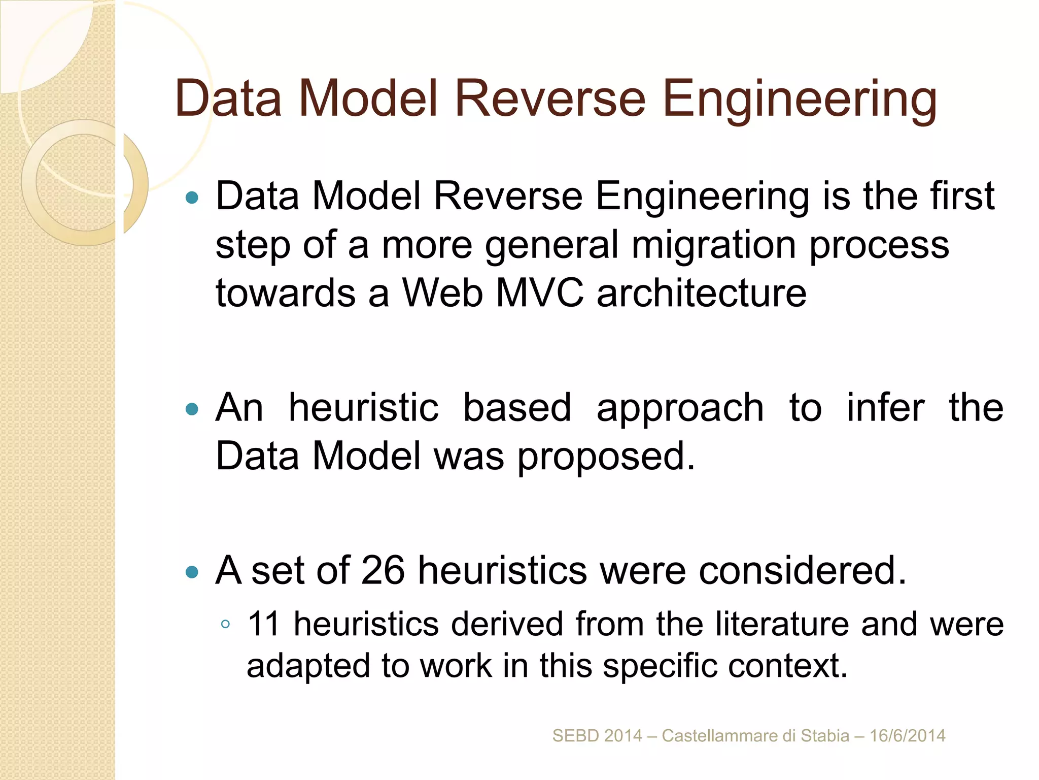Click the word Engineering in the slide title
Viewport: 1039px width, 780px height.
click(x=800, y=100)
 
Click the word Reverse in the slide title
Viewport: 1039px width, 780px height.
click(x=550, y=99)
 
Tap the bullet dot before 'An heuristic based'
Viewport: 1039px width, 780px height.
click(x=192, y=409)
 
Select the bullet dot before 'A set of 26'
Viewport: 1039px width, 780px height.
click(x=192, y=572)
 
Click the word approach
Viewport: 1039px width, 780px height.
click(x=680, y=409)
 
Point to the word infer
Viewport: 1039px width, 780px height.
click(x=885, y=408)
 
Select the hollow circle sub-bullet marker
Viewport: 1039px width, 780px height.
click(x=226, y=625)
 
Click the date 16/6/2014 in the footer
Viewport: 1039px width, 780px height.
click(x=908, y=736)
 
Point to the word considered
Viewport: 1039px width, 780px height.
click(x=802, y=570)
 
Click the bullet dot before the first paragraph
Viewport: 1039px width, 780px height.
click(x=192, y=197)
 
